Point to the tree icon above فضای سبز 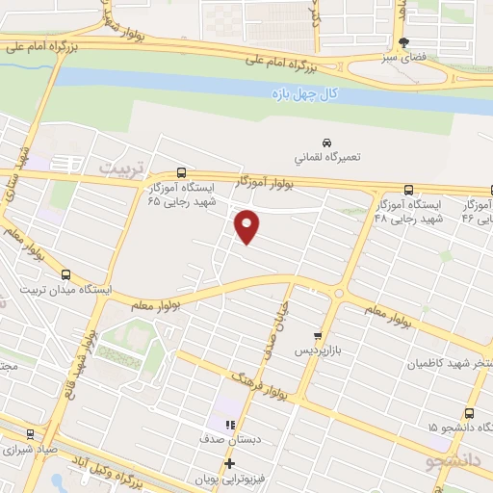click(403, 42)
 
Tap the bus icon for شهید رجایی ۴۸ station click(409, 190)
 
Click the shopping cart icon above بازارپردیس click(318, 335)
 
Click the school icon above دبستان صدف click(229, 424)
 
